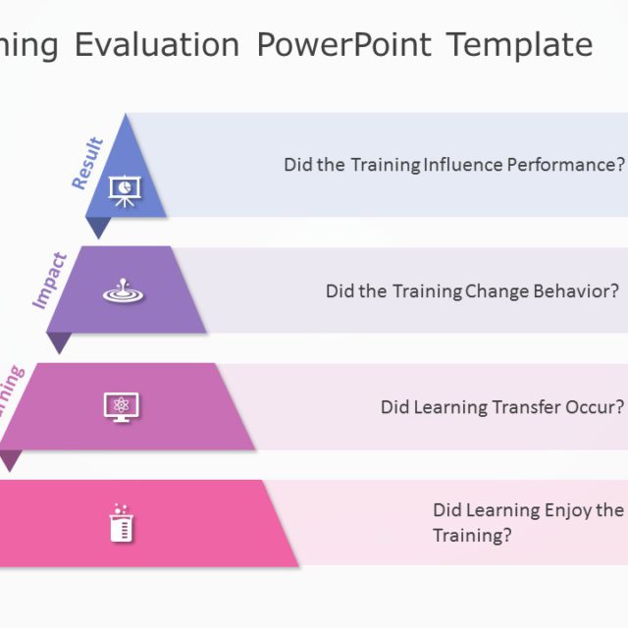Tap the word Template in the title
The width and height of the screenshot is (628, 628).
(x=519, y=44)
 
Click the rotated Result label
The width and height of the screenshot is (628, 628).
(x=87, y=163)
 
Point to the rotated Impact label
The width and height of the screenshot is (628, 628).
(x=50, y=281)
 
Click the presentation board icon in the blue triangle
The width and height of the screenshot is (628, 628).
(x=125, y=190)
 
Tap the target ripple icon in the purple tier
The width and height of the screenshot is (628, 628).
(x=123, y=291)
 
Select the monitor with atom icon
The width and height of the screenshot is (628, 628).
(x=122, y=406)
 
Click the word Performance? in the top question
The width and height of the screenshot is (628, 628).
(x=565, y=165)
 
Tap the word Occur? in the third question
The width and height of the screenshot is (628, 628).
(x=594, y=407)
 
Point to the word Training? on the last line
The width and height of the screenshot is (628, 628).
(x=472, y=536)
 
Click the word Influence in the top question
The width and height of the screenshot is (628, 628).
(x=462, y=165)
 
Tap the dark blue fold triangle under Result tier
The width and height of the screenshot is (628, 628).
(x=98, y=227)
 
